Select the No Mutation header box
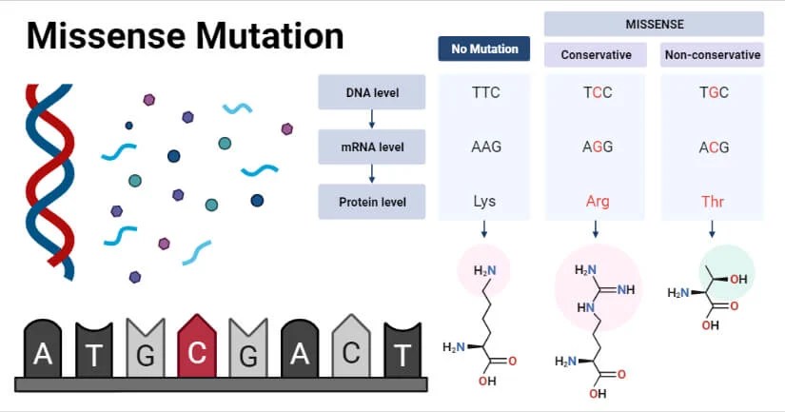coord(483,49)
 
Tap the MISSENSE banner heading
coord(654,23)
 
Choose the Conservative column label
coord(596,55)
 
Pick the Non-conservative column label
coord(712,55)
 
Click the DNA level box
coord(372,92)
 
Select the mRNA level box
coord(372,147)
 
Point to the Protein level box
coord(372,202)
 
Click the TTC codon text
coord(485,93)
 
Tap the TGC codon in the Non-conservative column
coord(713,93)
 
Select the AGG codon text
coord(598,147)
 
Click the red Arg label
coord(598,202)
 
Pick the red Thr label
coord(713,202)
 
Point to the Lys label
coord(485,202)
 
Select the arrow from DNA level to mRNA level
coord(372,119)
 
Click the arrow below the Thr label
coord(713,228)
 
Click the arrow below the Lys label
coord(485,228)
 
